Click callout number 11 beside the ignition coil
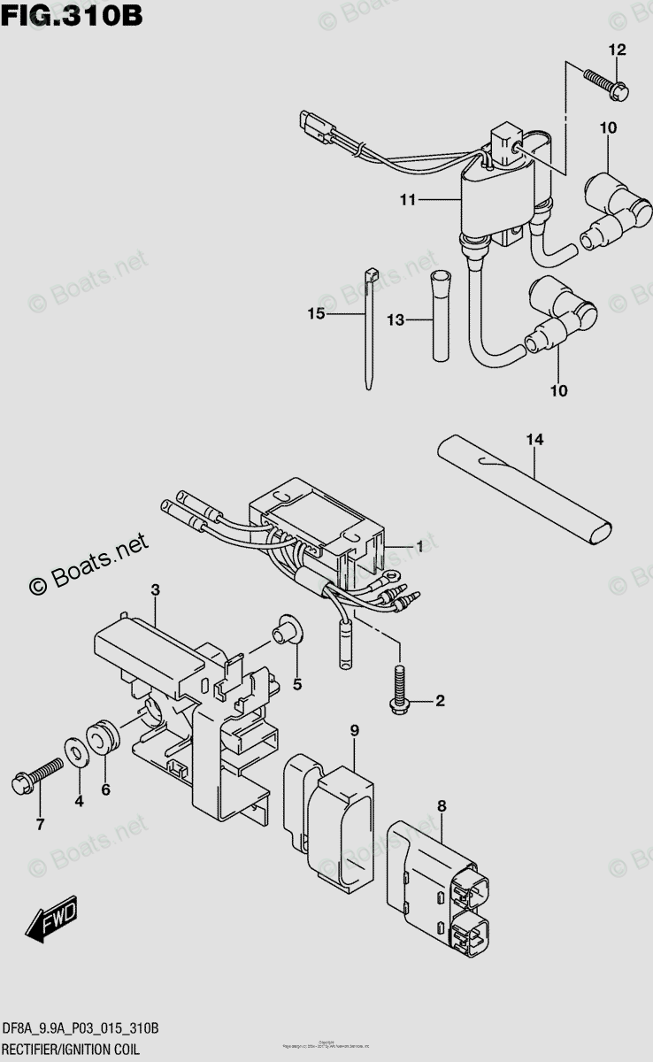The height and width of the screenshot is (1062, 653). pyautogui.click(x=407, y=201)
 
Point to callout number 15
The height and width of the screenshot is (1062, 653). pyautogui.click(x=317, y=314)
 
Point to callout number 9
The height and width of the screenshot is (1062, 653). pyautogui.click(x=354, y=730)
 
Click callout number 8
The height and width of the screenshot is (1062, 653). pyautogui.click(x=442, y=805)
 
